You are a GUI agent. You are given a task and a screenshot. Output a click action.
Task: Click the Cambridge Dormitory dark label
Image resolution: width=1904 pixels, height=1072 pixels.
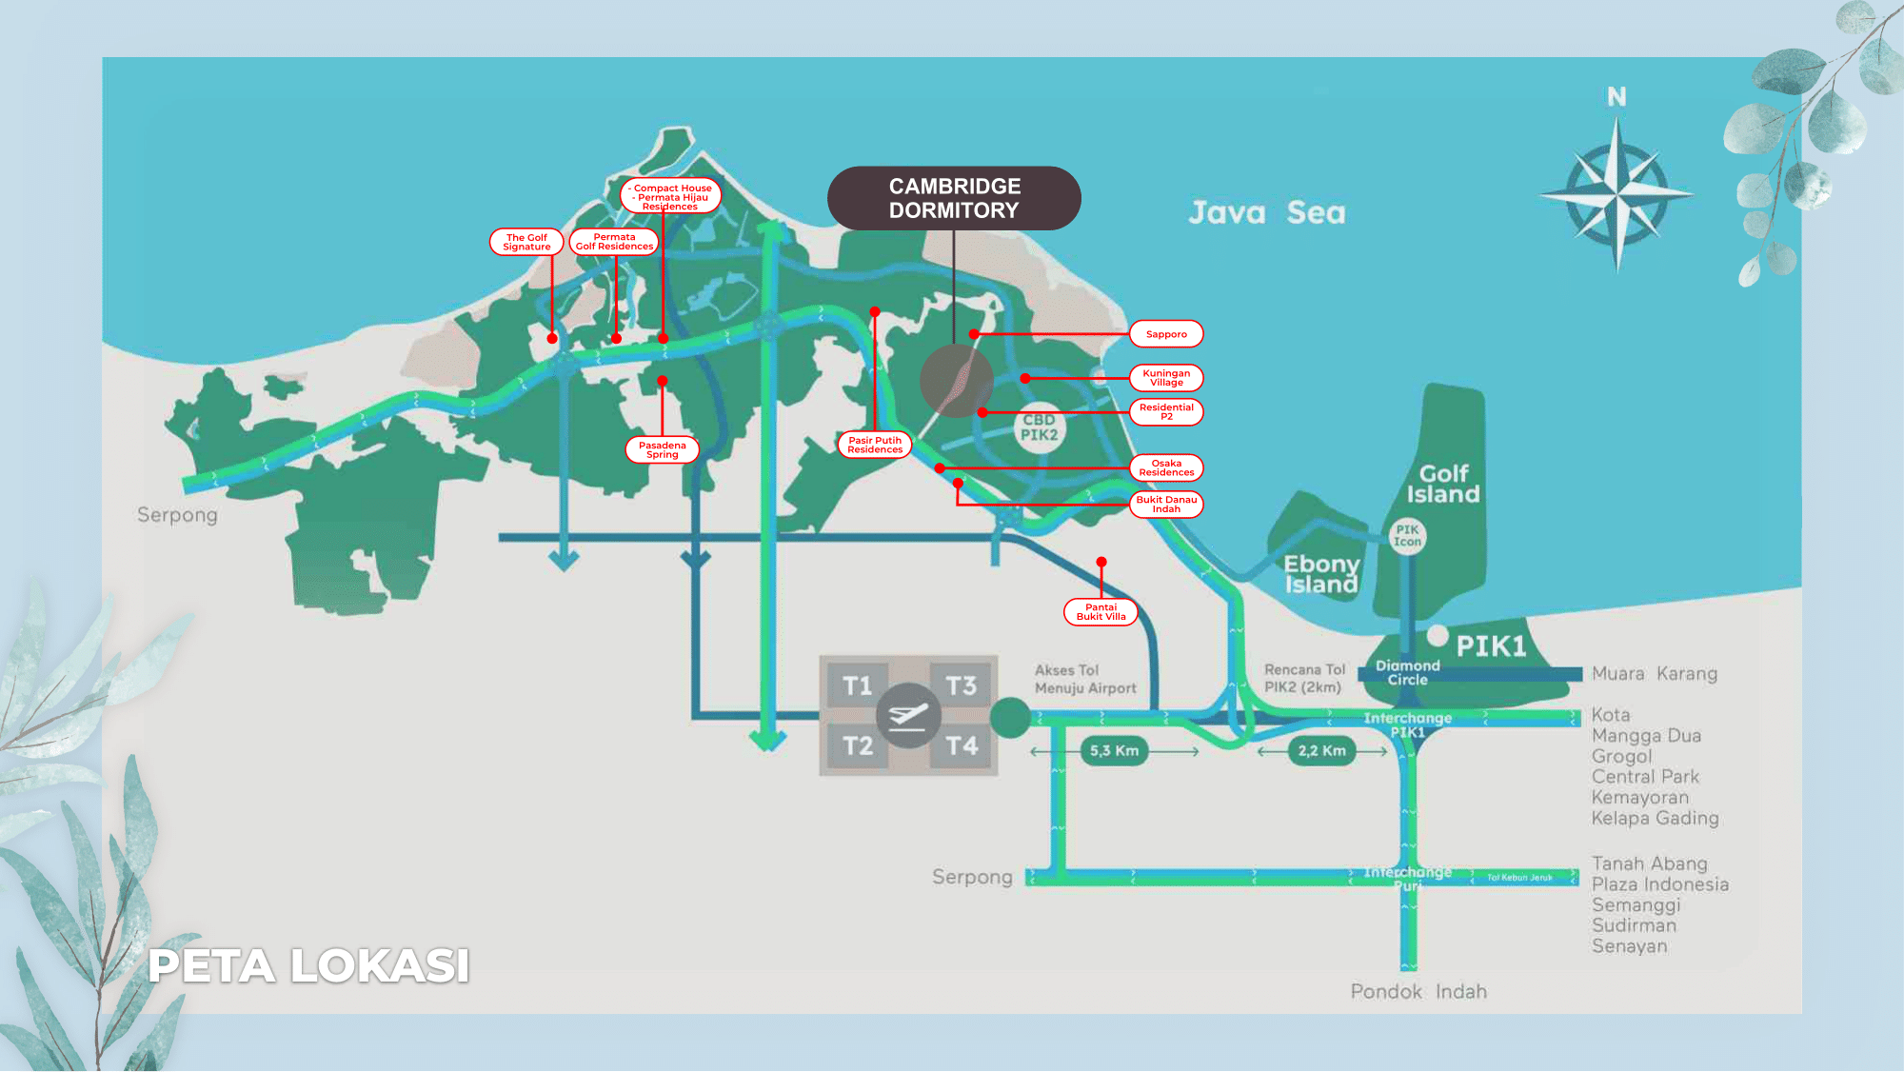click(x=954, y=198)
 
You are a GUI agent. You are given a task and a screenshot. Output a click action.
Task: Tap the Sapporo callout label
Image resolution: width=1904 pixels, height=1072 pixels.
click(x=1166, y=334)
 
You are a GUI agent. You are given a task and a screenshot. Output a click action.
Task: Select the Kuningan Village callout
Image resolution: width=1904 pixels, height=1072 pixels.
click(x=1166, y=378)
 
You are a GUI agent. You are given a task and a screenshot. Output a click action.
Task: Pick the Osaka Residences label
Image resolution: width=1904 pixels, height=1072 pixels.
click(x=1166, y=467)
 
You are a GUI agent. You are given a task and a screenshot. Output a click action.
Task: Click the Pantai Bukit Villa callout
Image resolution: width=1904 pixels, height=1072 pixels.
click(x=1101, y=612)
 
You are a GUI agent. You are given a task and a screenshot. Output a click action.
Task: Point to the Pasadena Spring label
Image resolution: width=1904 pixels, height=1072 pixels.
click(x=662, y=449)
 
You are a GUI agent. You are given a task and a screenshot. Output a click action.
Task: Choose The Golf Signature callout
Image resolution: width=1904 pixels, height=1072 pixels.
click(x=526, y=242)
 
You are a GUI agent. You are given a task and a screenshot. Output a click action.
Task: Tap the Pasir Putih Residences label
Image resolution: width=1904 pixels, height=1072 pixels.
click(x=875, y=445)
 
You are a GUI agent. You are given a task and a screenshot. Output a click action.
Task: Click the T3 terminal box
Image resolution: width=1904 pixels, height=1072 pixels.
click(x=962, y=685)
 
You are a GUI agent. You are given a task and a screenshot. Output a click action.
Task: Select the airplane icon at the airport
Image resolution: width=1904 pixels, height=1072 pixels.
click(x=908, y=715)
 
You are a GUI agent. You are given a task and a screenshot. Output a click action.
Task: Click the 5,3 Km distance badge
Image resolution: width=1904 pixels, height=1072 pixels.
click(x=1114, y=751)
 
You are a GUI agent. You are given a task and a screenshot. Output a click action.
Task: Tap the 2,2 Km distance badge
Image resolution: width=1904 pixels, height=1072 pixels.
click(x=1321, y=751)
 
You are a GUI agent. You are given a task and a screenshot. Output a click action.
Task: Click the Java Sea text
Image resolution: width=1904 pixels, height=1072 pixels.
click(x=1266, y=212)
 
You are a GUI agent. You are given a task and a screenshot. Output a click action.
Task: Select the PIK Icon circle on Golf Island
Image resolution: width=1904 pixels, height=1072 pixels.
click(x=1407, y=536)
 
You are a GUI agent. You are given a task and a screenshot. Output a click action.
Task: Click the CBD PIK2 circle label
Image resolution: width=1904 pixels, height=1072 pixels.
click(x=1039, y=427)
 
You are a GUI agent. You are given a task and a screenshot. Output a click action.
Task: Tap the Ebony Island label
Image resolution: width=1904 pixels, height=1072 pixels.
click(x=1321, y=574)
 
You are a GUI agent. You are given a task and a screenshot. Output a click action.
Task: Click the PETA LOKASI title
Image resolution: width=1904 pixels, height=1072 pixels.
click(x=308, y=965)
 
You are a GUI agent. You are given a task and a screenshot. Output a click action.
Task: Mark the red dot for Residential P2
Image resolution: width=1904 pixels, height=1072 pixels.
click(x=982, y=412)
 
